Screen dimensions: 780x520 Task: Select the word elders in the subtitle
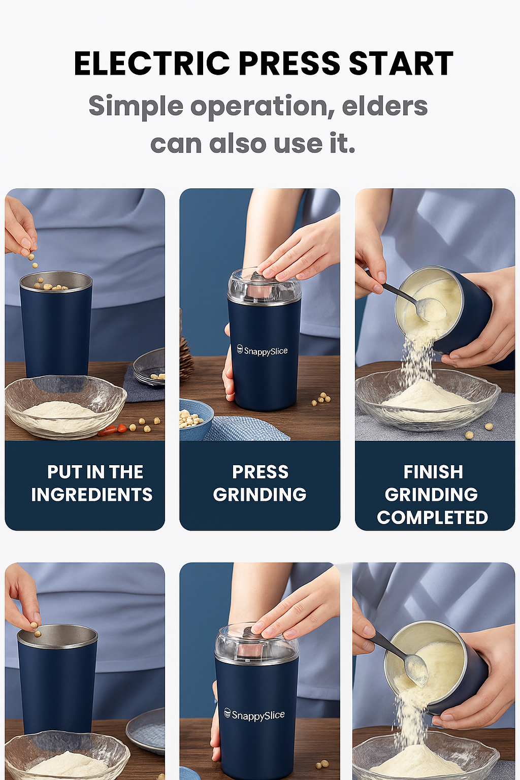[384, 106]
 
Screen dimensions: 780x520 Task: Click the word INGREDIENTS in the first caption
[91, 495]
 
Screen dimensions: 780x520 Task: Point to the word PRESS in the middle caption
[260, 472]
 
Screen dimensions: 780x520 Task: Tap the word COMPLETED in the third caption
[432, 517]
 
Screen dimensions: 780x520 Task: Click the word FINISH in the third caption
[433, 472]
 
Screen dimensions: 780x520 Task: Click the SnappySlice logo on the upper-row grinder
[263, 350]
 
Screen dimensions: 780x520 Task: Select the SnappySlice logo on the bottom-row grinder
[254, 715]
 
